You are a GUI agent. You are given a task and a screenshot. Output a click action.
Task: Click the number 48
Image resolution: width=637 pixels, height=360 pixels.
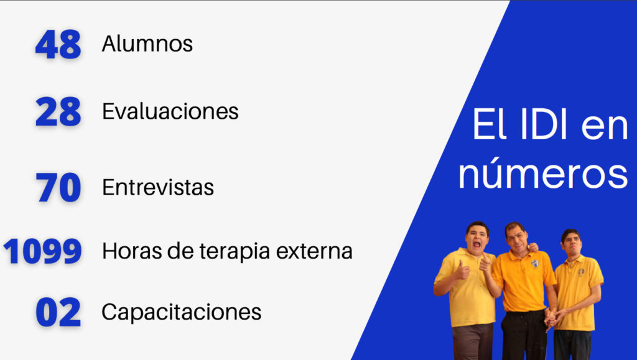tap(58, 44)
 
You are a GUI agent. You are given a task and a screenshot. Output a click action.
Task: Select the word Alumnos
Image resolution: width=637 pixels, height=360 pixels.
tap(147, 44)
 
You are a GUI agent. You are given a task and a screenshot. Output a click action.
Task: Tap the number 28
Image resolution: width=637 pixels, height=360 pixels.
tap(58, 112)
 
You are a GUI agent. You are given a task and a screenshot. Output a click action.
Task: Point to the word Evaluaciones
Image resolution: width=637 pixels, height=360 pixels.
tap(170, 111)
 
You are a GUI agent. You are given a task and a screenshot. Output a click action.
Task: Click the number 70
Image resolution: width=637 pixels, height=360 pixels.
tap(58, 187)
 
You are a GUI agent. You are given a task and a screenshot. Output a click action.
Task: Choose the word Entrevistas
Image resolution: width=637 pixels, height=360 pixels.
tap(158, 187)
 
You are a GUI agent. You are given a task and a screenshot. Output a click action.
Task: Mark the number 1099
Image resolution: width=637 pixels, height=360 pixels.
tap(43, 251)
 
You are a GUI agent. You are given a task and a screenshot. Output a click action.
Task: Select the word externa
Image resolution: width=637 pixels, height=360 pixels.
tap(314, 251)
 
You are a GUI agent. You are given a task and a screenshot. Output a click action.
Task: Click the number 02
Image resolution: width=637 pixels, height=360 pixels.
tap(58, 312)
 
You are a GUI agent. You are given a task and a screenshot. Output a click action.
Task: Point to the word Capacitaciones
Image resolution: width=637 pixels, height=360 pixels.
tap(181, 312)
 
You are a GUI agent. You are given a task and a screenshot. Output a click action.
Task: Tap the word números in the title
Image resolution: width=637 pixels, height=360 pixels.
tap(543, 173)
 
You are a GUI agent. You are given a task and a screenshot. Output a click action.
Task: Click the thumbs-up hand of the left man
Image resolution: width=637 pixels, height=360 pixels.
tap(462, 270)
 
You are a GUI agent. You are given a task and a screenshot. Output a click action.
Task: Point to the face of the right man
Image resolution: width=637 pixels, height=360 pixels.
tap(572, 243)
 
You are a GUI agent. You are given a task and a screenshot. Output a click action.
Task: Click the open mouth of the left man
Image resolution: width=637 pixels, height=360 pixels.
tap(477, 244)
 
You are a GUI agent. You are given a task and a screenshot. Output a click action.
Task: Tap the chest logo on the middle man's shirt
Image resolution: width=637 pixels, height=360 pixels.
tap(535, 264)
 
